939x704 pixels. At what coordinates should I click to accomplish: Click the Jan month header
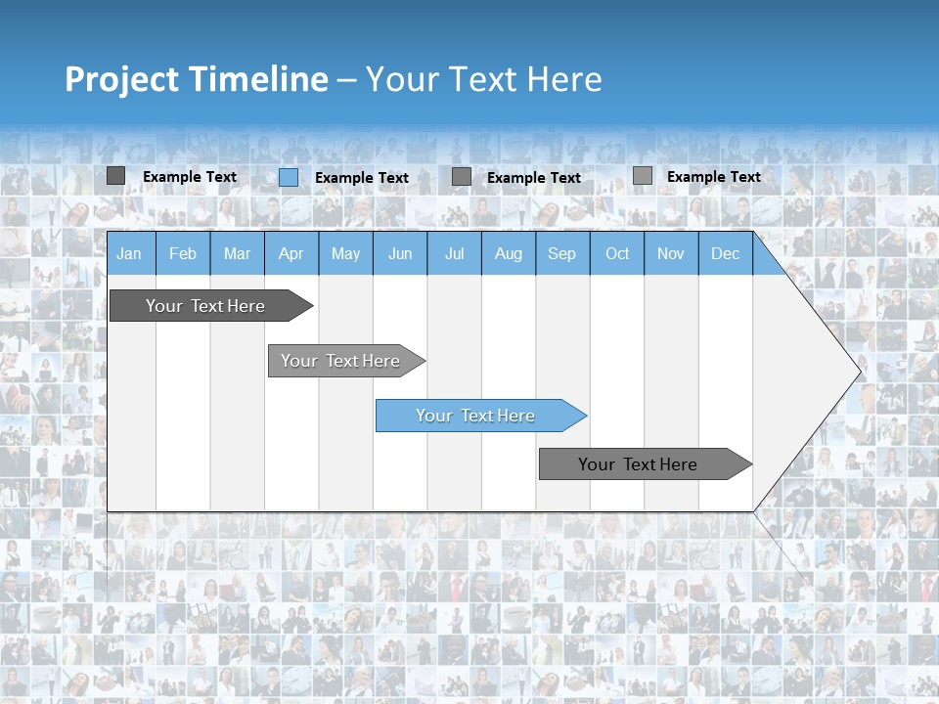coord(129,253)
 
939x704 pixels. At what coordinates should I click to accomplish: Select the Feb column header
coord(183,253)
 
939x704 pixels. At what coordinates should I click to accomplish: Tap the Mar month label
coord(237,253)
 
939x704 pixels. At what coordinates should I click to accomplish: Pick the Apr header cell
coord(291,253)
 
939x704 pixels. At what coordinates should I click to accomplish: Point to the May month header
coord(345,253)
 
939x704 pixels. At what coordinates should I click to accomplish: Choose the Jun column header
coord(400,253)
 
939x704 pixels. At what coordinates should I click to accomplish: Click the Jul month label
coord(454,253)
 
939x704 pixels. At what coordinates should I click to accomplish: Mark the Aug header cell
coord(509,253)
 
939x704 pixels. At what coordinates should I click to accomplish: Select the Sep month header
coord(562,253)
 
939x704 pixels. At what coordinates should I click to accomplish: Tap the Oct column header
coord(617,253)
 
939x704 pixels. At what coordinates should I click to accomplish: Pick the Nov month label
coord(671,253)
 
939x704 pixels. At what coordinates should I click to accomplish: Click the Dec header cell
coord(726,253)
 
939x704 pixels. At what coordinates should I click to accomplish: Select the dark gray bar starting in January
coord(205,306)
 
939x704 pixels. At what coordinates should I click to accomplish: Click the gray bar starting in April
coord(340,361)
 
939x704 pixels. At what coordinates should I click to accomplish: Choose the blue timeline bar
coord(475,416)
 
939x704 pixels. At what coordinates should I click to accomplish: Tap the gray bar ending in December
coord(638,464)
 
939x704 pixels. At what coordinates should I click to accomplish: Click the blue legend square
coord(289,177)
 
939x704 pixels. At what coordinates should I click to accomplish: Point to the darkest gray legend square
coord(115,176)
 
